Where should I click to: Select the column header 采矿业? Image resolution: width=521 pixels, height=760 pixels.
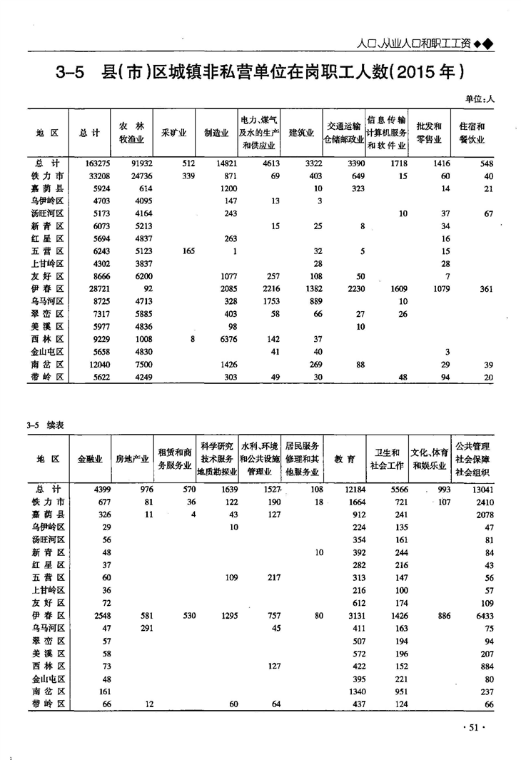pos(174,133)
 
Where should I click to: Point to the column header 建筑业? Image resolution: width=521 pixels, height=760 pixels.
pos(300,133)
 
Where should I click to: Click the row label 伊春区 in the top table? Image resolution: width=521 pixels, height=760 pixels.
pos(50,289)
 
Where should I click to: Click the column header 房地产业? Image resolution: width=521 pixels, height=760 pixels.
pos(133,459)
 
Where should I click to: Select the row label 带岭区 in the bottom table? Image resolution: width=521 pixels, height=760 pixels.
pos(50,704)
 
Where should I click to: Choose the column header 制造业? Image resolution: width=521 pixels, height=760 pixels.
pos(216,133)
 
